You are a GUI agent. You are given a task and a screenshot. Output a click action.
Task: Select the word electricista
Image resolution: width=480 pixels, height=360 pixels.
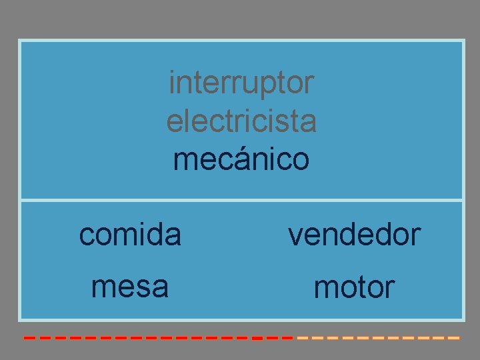coord(241,122)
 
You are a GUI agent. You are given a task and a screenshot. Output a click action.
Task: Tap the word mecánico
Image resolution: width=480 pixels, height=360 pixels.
coord(241,160)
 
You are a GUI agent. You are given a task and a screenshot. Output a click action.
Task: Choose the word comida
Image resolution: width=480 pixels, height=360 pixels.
coord(130,235)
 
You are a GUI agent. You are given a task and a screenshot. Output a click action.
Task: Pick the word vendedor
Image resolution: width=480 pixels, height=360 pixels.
coord(354,235)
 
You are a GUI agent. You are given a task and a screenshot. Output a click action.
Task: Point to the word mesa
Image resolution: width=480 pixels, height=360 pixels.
coord(130,287)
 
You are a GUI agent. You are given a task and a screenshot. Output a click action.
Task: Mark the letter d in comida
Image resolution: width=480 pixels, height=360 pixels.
coord(155,235)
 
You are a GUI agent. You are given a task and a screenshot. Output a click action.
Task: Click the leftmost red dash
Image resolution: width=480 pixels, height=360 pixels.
coord(29,339)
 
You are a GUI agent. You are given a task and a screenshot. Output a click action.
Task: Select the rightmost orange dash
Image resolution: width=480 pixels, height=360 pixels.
coord(454,339)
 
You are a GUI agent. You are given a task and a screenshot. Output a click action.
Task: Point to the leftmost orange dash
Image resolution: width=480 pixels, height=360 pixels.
coord(302,339)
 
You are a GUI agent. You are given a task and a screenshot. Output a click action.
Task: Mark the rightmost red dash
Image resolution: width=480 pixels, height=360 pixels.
coord(287,339)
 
